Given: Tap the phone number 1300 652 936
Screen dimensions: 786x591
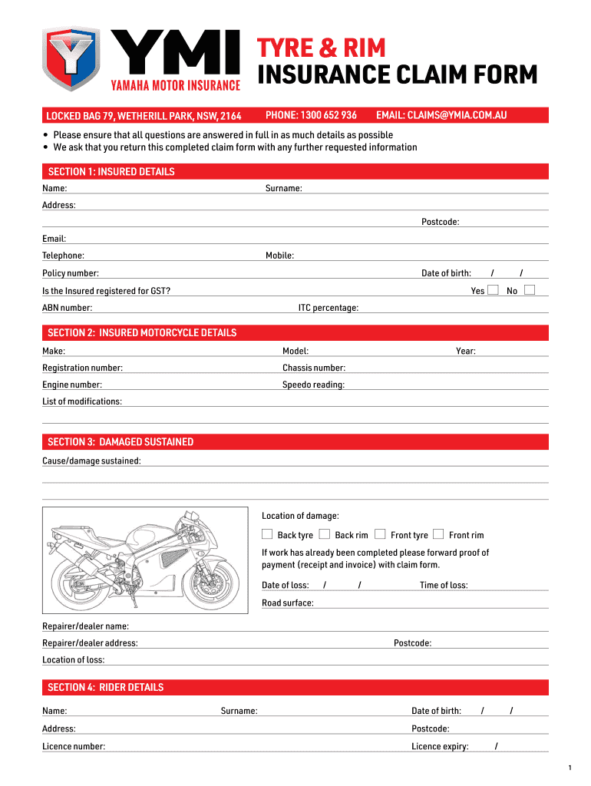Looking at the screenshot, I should [311, 116].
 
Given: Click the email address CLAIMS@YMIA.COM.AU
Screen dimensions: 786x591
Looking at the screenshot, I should [441, 116].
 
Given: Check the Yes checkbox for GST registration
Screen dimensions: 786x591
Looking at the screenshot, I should [494, 290].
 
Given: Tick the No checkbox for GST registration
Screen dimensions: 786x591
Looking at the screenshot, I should [529, 290].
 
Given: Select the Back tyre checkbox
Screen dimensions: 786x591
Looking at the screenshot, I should [267, 534].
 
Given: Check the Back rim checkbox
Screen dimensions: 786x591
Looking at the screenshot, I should [325, 534].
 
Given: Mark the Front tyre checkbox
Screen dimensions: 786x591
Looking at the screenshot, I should [380, 534].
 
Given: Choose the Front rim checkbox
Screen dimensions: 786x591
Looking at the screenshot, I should [438, 534].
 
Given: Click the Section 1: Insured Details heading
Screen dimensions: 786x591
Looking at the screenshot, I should [111, 172].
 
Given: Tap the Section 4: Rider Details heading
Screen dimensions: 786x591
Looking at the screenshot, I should [106, 688].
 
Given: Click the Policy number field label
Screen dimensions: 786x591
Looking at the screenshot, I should [71, 274].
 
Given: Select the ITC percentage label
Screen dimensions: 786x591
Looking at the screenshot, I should [329, 309].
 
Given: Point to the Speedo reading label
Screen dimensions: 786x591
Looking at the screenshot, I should [313, 385].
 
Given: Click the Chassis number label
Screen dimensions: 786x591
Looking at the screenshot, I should [314, 368].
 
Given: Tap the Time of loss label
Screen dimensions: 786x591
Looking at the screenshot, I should [444, 586].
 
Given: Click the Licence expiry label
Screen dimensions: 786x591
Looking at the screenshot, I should [440, 747].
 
